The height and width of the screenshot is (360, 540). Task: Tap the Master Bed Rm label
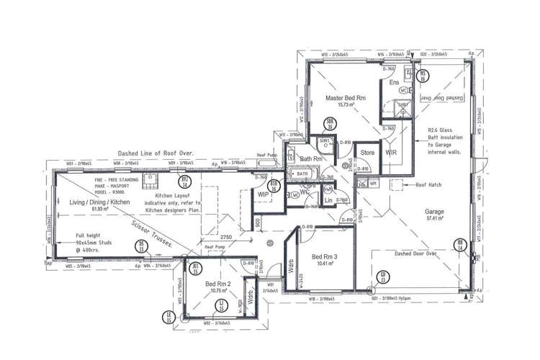coord(346,97)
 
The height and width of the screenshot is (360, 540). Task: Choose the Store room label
coord(368,153)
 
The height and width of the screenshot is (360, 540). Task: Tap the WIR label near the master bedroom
coord(391,153)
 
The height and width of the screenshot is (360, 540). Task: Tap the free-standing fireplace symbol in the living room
coord(152,179)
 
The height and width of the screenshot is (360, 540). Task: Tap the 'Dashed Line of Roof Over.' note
coord(157,153)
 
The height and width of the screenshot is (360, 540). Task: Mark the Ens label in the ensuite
coord(394,84)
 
